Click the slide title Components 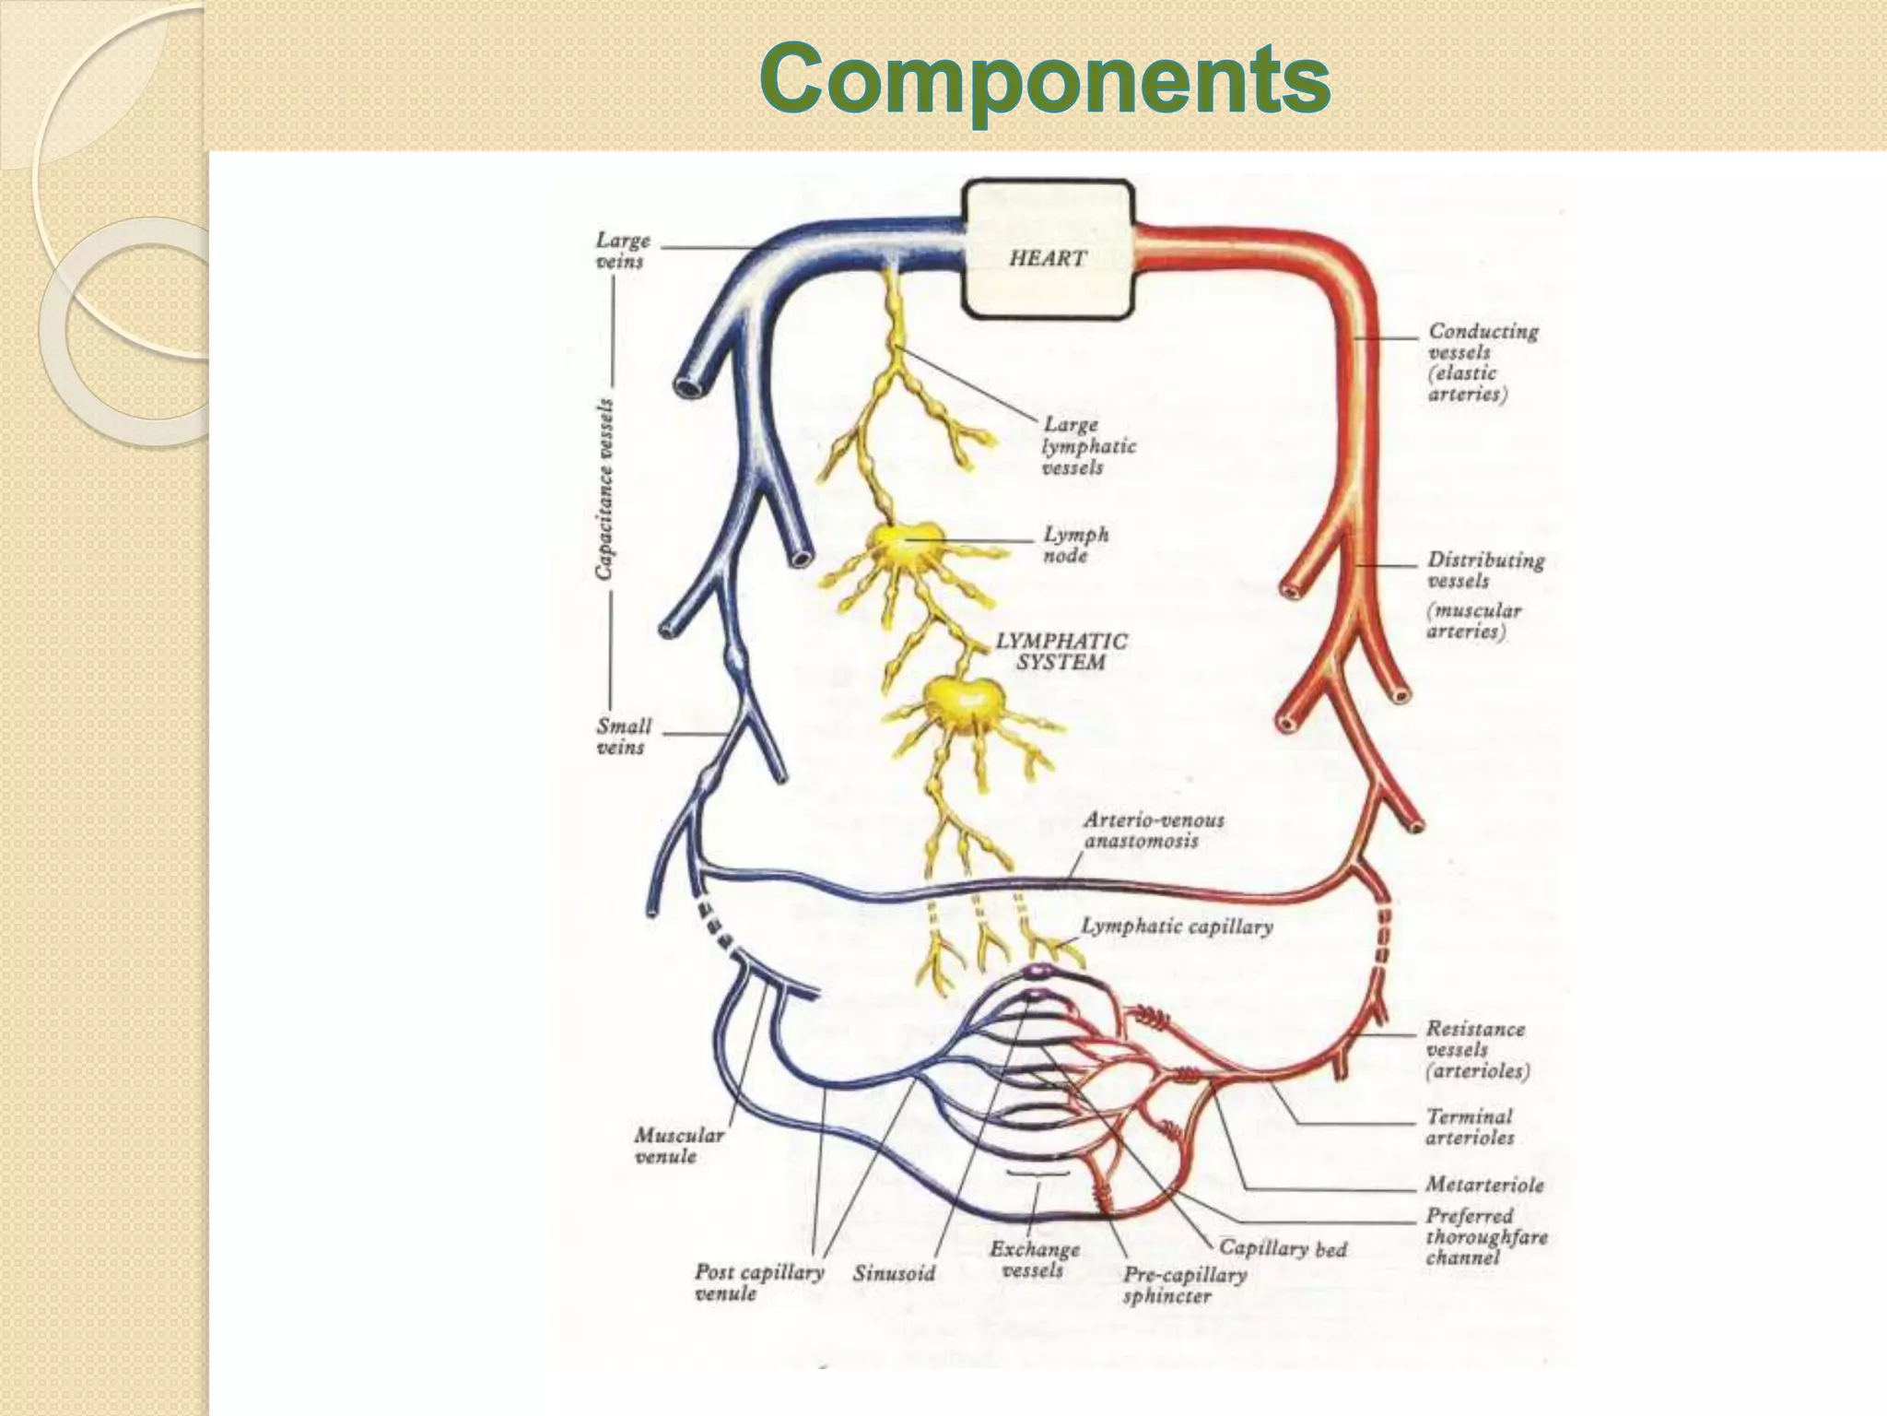[1046, 79]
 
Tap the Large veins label [622, 251]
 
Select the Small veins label [623, 737]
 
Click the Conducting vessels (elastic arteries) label [1482, 361]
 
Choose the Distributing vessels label [1483, 570]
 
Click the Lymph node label [1075, 545]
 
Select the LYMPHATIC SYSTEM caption [1061, 651]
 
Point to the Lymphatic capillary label [1176, 926]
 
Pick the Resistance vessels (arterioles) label [1476, 1049]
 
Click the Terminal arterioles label [1470, 1127]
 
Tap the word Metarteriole [1483, 1185]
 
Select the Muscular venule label [678, 1145]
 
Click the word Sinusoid [893, 1274]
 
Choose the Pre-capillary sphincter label [1184, 1285]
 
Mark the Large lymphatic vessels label [1087, 446]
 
